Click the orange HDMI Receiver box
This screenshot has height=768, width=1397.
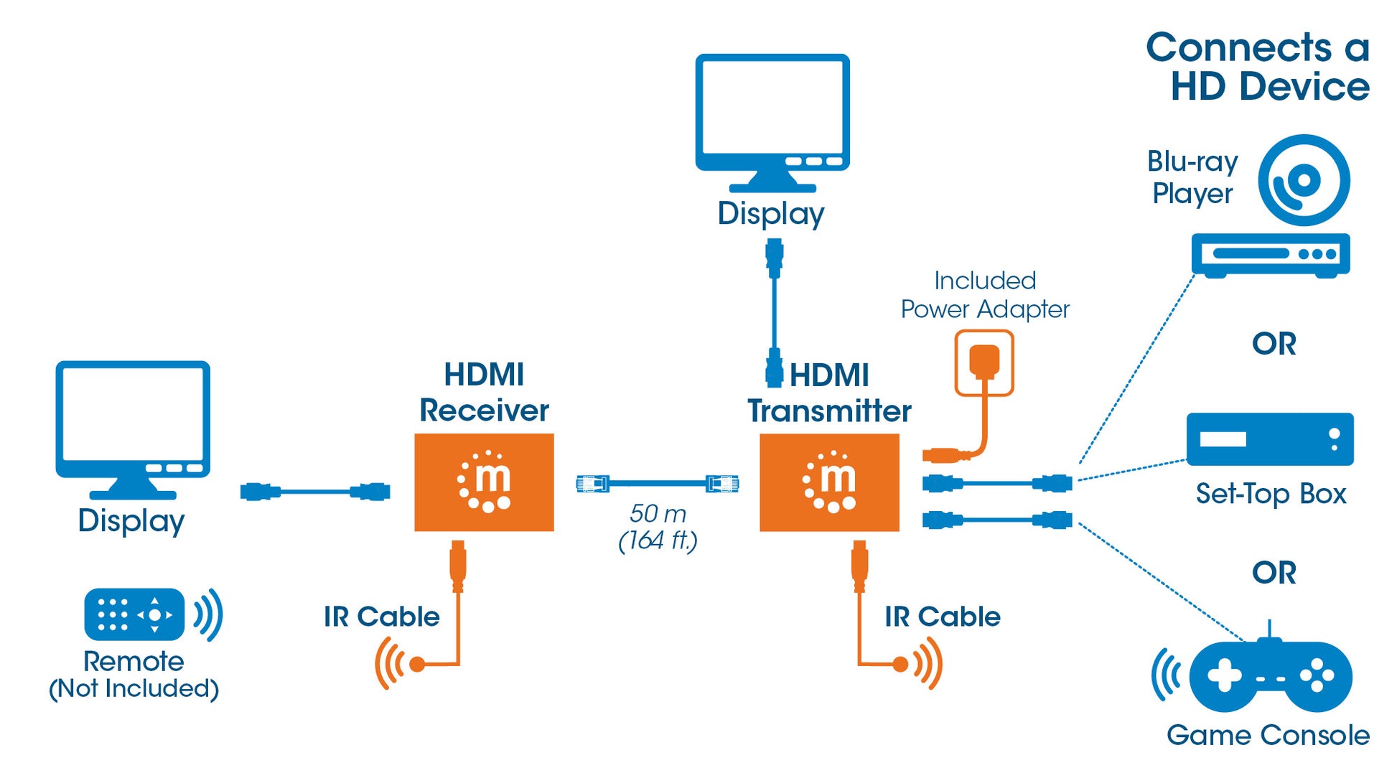484,482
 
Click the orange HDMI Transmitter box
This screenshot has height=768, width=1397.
829,482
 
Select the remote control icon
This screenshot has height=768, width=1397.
134,614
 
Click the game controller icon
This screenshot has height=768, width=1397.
1270,675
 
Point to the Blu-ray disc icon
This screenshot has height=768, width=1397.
1304,180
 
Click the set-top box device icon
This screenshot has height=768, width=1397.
1269,439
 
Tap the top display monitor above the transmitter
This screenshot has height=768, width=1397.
772,115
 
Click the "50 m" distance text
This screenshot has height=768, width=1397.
657,514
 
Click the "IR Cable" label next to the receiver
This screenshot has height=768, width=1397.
381,617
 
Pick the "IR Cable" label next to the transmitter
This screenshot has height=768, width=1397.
942,617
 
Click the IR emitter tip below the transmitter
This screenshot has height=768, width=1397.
901,665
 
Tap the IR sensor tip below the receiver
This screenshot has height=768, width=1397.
416,665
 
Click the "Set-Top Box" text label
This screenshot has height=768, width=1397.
1270,494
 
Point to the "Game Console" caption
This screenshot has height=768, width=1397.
1268,735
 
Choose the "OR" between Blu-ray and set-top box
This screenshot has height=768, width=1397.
1274,344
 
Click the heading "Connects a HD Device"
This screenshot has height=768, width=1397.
1258,67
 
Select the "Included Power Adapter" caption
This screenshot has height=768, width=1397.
985,295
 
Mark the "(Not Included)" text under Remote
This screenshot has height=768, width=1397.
134,688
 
